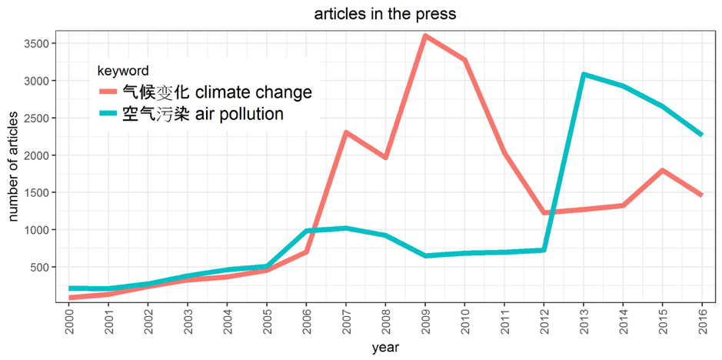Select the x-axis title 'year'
tap(385, 348)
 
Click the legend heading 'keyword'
tap(128, 71)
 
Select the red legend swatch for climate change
tap(108, 93)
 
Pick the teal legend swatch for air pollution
tap(108, 115)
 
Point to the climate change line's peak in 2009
tap(424, 36)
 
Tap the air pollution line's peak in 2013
tap(584, 75)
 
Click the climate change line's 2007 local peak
tap(345, 132)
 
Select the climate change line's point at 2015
tap(663, 170)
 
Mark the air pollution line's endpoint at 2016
tap(701, 135)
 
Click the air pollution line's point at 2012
tap(544, 250)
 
